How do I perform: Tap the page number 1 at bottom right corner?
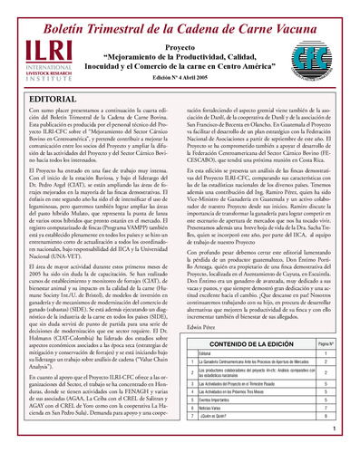point(348,446)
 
